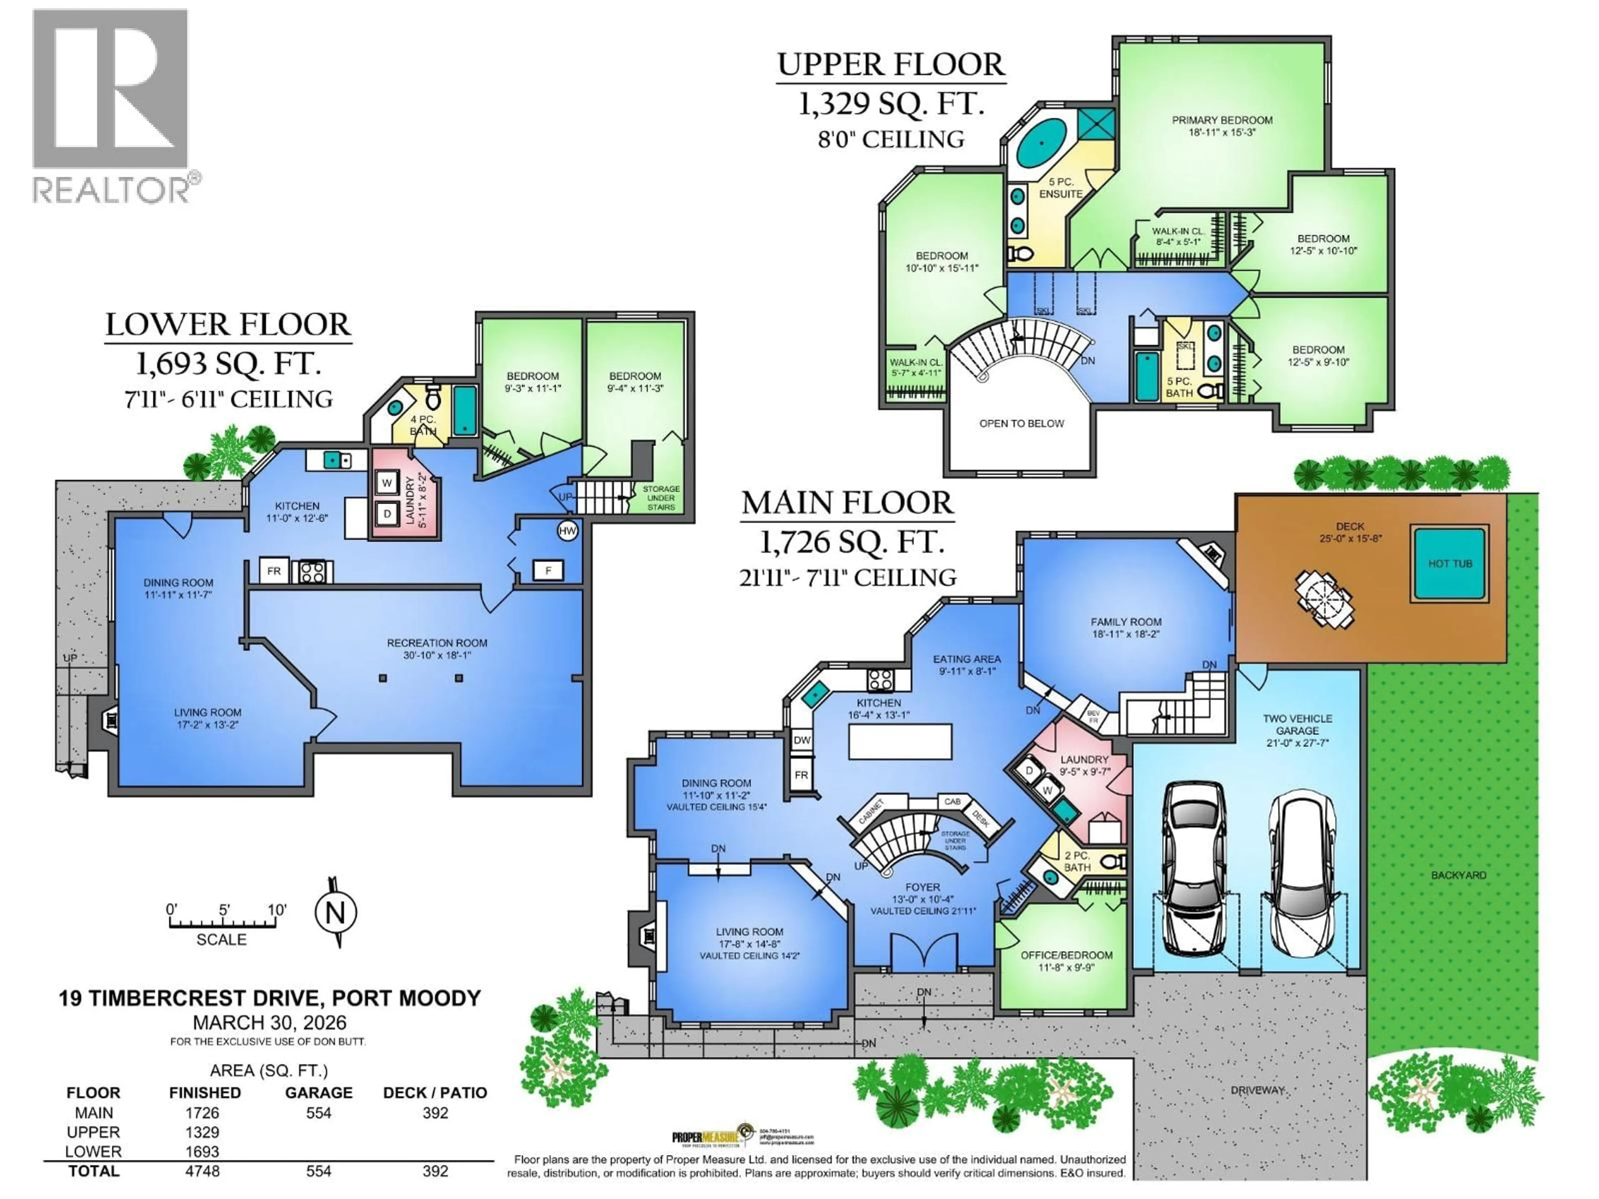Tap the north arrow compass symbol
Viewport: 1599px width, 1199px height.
tap(335, 913)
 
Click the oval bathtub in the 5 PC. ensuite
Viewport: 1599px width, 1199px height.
tap(1042, 143)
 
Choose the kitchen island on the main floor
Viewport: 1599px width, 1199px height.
tap(899, 741)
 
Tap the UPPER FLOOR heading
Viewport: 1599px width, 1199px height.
tap(891, 65)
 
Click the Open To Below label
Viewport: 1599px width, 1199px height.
tap(1021, 423)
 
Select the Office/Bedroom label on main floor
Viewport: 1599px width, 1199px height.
tap(1066, 960)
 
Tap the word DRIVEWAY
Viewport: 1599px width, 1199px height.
tap(1257, 1090)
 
